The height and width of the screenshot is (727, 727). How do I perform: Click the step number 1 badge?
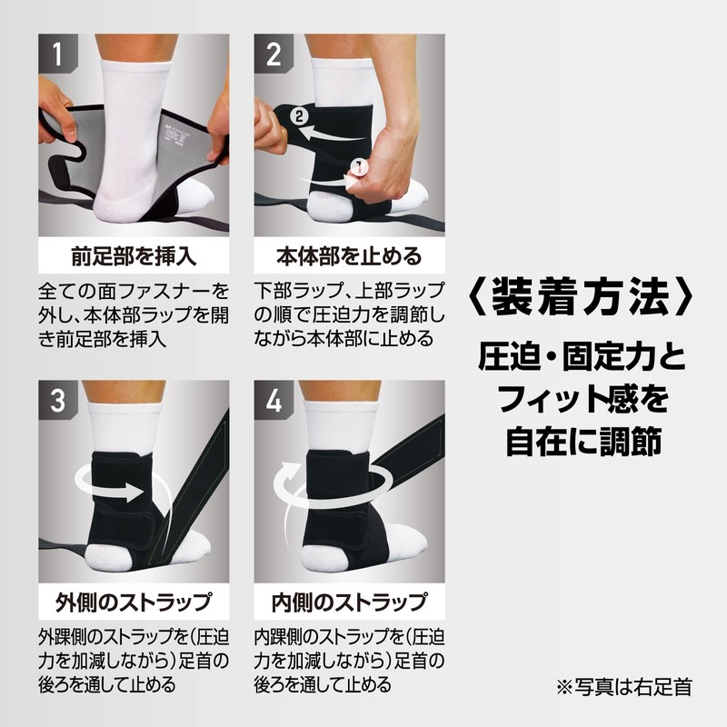[x=58, y=53]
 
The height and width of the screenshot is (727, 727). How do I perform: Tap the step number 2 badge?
[x=274, y=53]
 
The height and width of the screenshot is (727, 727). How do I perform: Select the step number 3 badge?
[x=58, y=400]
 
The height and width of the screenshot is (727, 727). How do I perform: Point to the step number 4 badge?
[x=274, y=400]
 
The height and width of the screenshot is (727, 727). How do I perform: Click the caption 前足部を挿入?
[x=134, y=256]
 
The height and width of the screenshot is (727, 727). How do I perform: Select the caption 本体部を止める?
[x=349, y=256]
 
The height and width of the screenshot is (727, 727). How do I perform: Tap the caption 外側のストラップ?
[x=134, y=602]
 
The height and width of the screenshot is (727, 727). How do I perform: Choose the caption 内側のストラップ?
[x=349, y=602]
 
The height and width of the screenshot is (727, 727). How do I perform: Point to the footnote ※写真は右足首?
[x=624, y=687]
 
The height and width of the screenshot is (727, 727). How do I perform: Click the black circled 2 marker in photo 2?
[x=299, y=115]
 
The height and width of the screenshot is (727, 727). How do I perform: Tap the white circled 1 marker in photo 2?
[x=358, y=167]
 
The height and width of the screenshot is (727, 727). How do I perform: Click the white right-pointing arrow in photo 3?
[x=120, y=492]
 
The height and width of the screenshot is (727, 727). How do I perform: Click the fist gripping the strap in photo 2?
[x=387, y=172]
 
